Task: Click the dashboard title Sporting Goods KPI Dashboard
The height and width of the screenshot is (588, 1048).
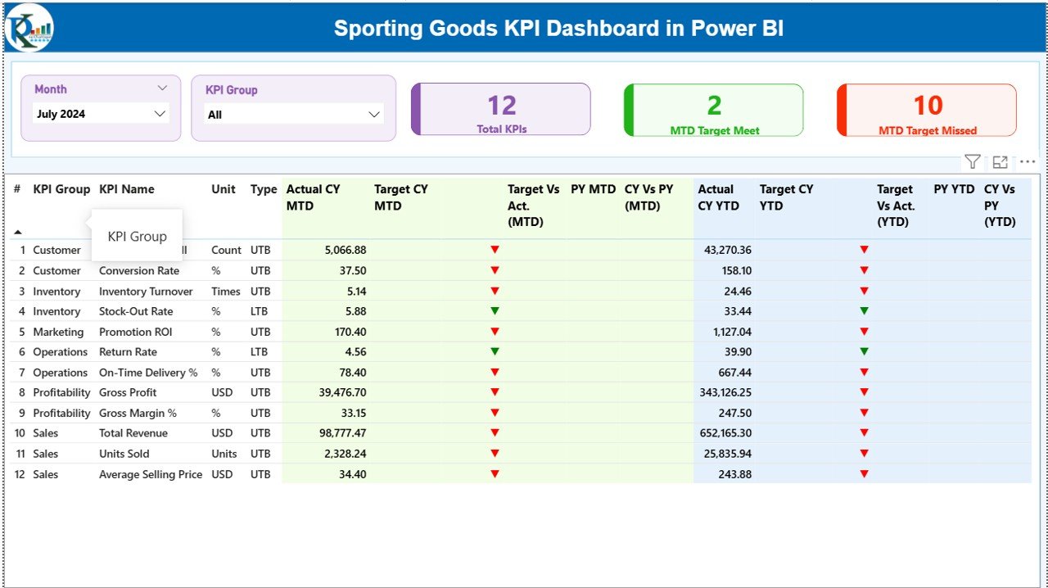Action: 558,29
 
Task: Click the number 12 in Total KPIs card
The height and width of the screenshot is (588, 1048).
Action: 502,106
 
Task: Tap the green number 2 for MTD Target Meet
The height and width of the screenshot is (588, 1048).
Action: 714,106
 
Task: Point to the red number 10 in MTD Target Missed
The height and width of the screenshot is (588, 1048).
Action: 928,106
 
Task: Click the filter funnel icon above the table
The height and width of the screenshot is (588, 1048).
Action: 972,162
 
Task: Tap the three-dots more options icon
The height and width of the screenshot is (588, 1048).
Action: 1028,162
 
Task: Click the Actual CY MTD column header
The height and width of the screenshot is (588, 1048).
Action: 313,197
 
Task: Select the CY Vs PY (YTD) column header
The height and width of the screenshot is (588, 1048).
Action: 999,206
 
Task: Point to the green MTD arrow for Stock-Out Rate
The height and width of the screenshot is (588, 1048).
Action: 495,311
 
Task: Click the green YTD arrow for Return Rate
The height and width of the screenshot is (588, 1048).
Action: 864,351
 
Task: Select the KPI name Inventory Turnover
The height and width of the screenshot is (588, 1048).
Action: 146,292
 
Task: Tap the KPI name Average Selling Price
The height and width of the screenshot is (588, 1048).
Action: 151,474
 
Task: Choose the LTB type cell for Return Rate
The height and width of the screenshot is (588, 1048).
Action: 260,352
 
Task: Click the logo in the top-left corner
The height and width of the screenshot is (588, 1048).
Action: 29,28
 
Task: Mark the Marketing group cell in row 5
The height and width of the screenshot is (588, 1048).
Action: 58,332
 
